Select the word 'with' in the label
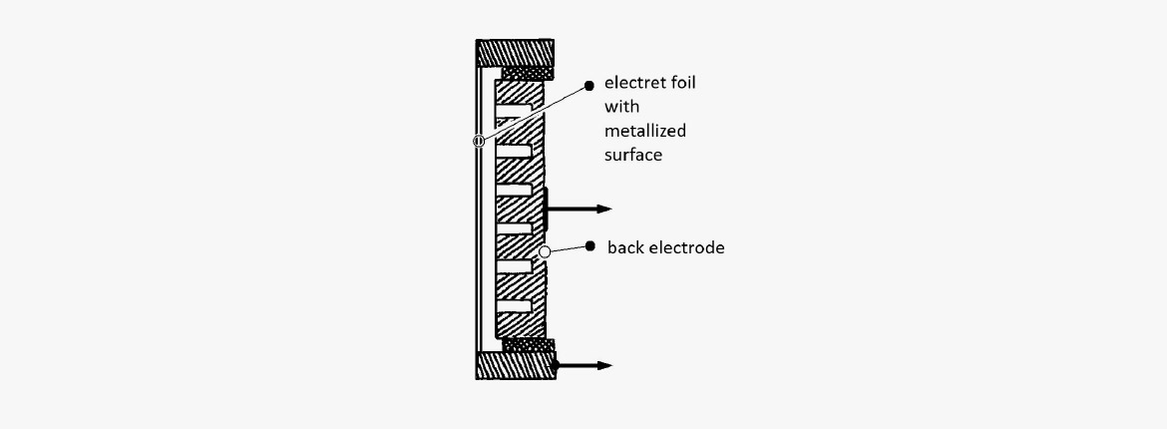621,107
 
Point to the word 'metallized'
645,131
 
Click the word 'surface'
633,156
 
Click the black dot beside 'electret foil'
589,86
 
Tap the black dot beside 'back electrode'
590,245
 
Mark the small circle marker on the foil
479,141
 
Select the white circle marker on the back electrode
545,252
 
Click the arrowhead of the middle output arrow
603,210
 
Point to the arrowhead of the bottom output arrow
603,366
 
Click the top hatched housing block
515,53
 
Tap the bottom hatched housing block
516,366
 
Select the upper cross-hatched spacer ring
528,74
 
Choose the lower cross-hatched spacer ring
530,345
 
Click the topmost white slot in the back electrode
514,111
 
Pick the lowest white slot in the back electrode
514,306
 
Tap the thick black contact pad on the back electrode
547,210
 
